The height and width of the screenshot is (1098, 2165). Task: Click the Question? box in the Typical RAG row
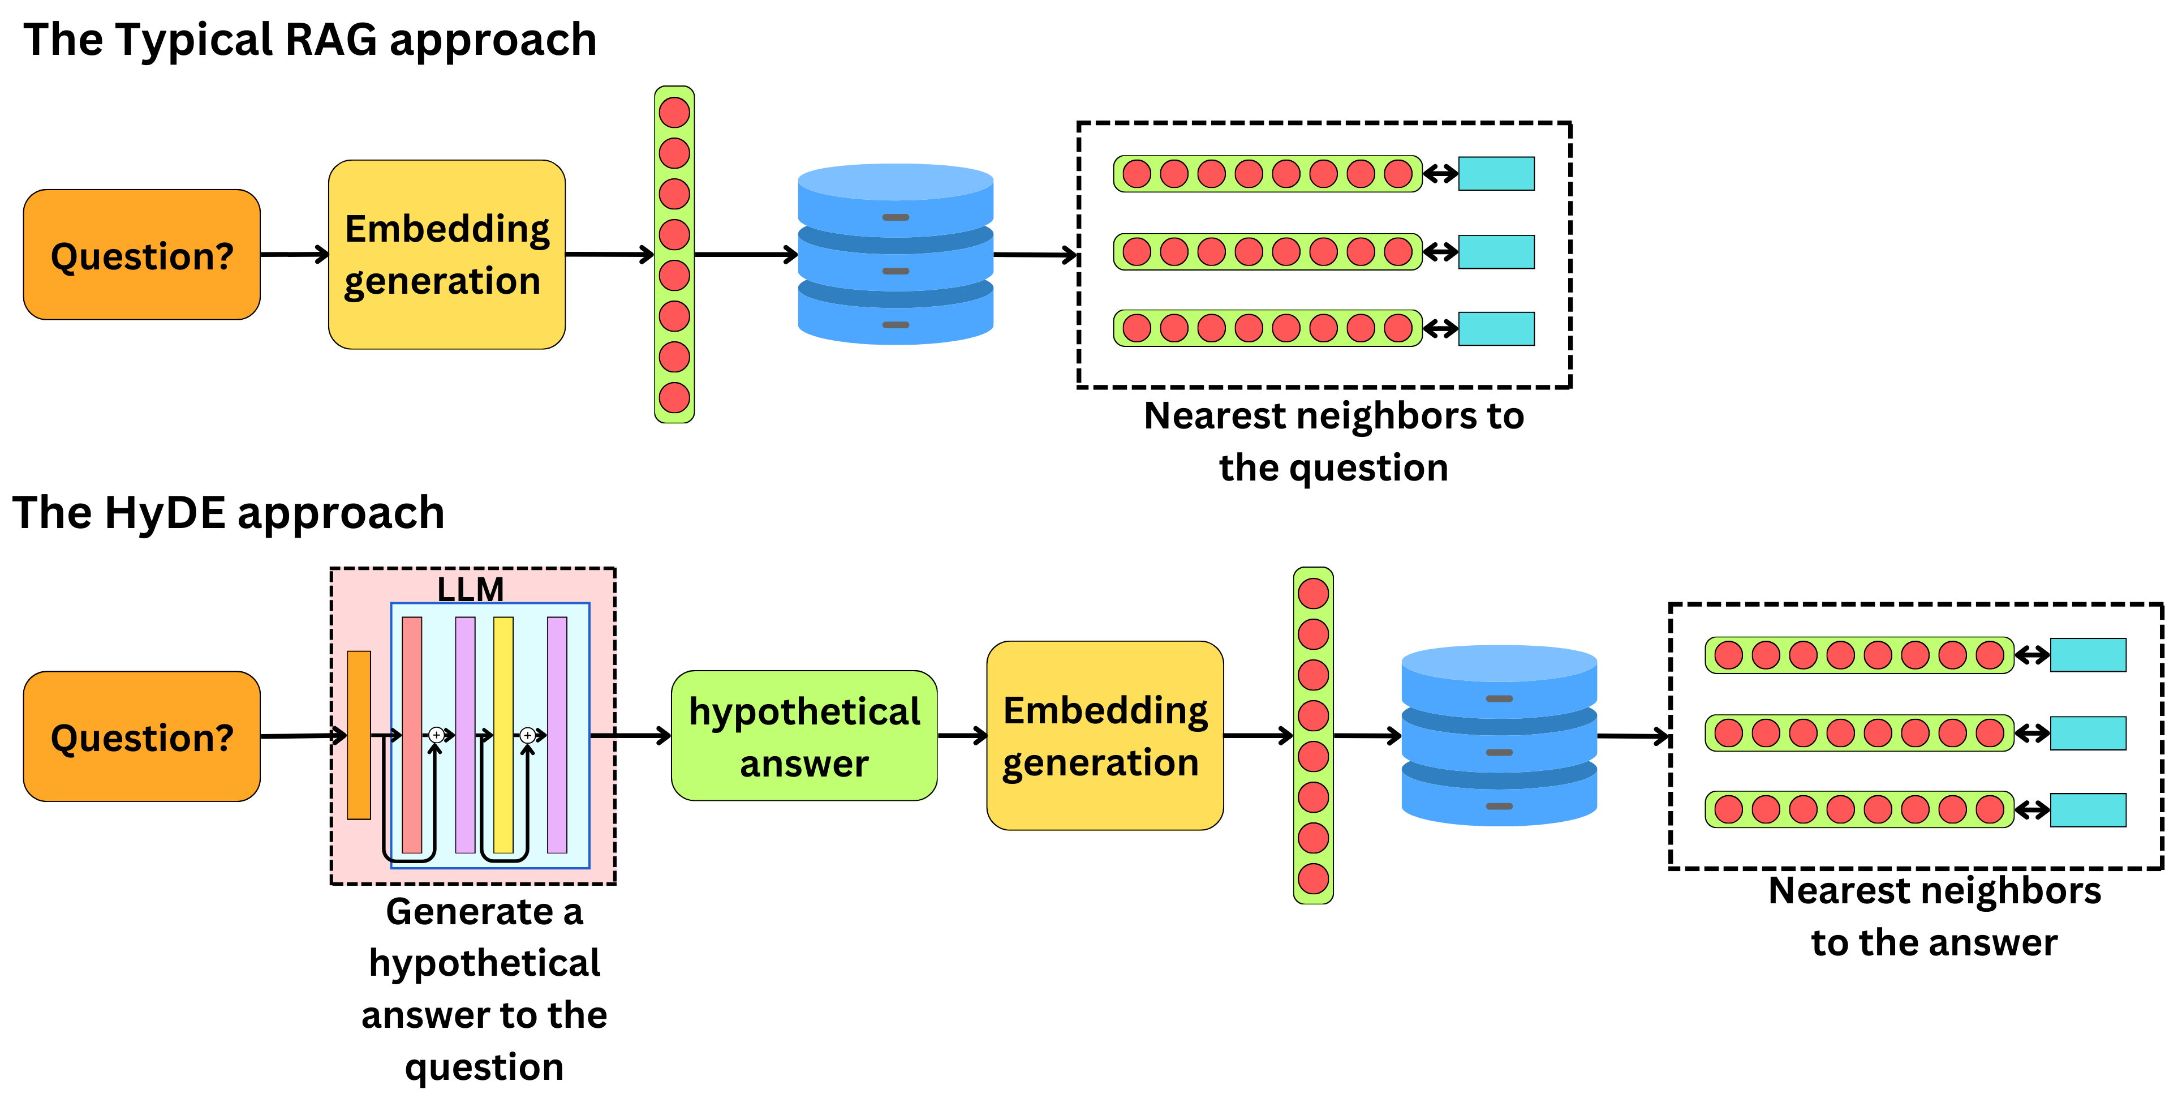pyautogui.click(x=141, y=255)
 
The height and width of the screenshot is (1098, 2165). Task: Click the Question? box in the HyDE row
pyautogui.click(x=141, y=736)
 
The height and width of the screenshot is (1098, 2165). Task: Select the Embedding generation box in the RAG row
pyautogui.click(x=446, y=255)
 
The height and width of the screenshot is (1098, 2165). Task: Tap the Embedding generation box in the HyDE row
pyautogui.click(x=1104, y=736)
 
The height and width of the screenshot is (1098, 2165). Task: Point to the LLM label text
pyautogui.click(x=471, y=589)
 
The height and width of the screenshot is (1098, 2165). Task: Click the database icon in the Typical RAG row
pyautogui.click(x=895, y=255)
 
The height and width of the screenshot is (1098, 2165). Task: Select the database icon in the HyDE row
pyautogui.click(x=1499, y=736)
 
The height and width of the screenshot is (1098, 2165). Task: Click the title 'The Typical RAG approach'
pyautogui.click(x=309, y=40)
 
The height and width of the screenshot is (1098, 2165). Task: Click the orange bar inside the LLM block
pyautogui.click(x=359, y=735)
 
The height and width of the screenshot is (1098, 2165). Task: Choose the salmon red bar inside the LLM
pyautogui.click(x=412, y=735)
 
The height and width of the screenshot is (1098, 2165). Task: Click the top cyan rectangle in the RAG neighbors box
pyautogui.click(x=1496, y=174)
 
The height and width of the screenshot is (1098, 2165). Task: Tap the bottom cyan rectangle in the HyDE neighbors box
pyautogui.click(x=2087, y=809)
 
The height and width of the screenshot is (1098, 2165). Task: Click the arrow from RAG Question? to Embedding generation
pyautogui.click(x=294, y=254)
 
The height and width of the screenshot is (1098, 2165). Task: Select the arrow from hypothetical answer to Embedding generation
pyautogui.click(x=962, y=736)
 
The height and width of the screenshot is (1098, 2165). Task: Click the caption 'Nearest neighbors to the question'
pyautogui.click(x=1334, y=441)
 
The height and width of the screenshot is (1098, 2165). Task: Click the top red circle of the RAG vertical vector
pyautogui.click(x=674, y=113)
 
